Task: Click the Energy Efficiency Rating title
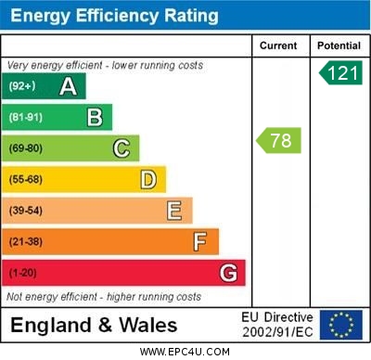click(x=114, y=16)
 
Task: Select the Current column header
click(x=278, y=45)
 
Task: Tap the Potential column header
click(x=338, y=45)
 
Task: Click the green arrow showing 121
click(x=340, y=73)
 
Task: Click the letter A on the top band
click(x=68, y=87)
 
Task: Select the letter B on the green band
click(x=95, y=117)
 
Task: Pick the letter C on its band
click(x=122, y=148)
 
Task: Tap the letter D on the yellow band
click(x=148, y=179)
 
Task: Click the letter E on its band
click(x=174, y=211)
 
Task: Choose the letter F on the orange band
click(x=200, y=242)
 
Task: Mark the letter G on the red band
click(x=228, y=273)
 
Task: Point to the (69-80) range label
click(x=26, y=148)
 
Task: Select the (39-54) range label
click(x=26, y=211)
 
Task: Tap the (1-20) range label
click(x=23, y=274)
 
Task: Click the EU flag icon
click(x=340, y=325)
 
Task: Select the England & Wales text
click(x=94, y=326)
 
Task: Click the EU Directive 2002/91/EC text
click(x=277, y=325)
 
